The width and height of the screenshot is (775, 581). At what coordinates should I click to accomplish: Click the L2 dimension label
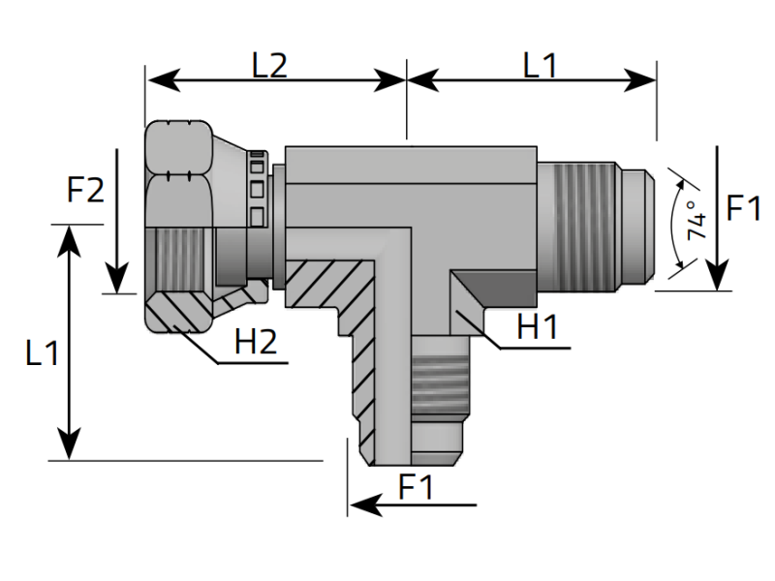(x=268, y=65)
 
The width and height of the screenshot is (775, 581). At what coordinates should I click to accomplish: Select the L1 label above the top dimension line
(x=540, y=65)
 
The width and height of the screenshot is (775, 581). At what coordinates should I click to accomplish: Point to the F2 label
(x=85, y=191)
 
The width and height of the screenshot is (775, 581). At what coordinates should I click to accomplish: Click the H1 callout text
(x=537, y=326)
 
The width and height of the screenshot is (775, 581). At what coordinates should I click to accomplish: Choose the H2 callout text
(x=257, y=340)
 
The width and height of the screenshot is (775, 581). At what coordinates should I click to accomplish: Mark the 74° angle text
(x=694, y=222)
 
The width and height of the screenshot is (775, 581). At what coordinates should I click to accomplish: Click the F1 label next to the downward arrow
(x=744, y=208)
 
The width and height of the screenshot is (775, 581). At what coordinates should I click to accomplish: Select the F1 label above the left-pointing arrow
(x=414, y=488)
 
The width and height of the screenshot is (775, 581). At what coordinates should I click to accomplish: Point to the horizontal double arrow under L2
(x=275, y=80)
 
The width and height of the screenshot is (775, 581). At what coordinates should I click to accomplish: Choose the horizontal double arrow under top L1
(x=532, y=80)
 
